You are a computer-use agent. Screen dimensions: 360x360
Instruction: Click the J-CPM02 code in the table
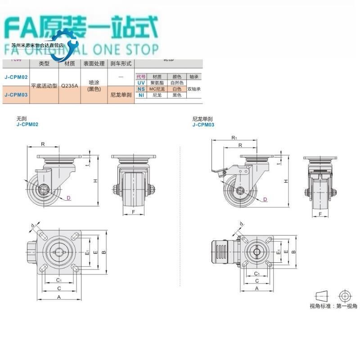pyautogui.click(x=16, y=77)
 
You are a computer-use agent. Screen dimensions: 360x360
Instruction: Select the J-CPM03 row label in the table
pyautogui.click(x=16, y=95)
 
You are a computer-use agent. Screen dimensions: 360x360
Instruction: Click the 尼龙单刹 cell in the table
pyautogui.click(x=121, y=95)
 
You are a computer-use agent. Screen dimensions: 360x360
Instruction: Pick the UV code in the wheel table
pyautogui.click(x=141, y=83)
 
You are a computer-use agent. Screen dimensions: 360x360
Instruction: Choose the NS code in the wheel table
pyautogui.click(x=141, y=89)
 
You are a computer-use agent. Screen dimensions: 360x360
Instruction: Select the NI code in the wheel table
pyautogui.click(x=141, y=95)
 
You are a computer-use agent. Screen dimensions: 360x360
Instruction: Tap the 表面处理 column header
pyautogui.click(x=94, y=64)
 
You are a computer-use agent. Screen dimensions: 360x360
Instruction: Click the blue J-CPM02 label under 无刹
pyautogui.click(x=27, y=125)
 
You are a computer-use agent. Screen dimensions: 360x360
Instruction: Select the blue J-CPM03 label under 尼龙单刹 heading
pyautogui.click(x=203, y=125)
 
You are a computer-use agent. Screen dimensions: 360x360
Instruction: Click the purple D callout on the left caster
pyautogui.click(x=68, y=198)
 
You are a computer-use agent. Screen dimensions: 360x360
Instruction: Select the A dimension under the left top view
pyautogui.click(x=59, y=297)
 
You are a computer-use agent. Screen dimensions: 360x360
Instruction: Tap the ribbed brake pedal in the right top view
pyautogui.click(x=222, y=251)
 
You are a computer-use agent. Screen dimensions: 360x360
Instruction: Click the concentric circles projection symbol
pyautogui.click(x=345, y=296)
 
